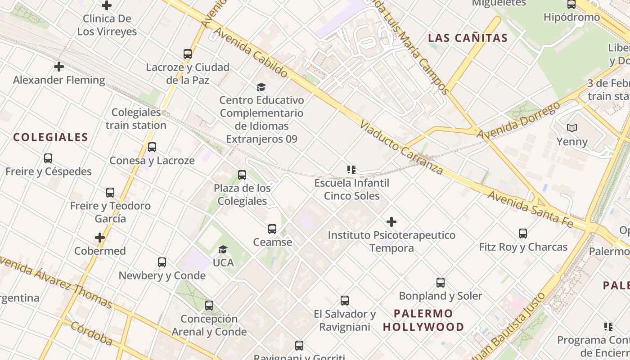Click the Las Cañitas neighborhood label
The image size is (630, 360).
pos(468,38)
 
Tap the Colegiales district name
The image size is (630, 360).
pos(50,138)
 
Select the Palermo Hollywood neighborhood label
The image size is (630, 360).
pos(423,320)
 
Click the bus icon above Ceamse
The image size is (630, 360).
pos(272,229)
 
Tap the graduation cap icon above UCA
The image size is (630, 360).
pos(223,249)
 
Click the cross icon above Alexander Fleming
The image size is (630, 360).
pos(58,67)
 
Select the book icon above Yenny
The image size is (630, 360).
pos(572,128)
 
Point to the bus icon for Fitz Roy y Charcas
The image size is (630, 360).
pos(522,234)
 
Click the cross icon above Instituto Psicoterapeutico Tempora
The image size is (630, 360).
pos(391,222)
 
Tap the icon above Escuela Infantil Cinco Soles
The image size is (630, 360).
pos(351,170)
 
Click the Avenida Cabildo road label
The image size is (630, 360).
pos(250,52)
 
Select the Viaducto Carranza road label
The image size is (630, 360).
pos(401,147)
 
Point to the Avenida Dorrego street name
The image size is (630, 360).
pos(518,121)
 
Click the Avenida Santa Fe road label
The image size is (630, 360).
pos(530,209)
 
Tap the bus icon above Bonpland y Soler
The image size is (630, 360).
pos(441,283)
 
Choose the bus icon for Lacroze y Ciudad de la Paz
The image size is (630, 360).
pos(188,54)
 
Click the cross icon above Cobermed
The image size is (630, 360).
pos(100,238)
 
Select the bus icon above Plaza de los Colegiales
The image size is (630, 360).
pos(242,175)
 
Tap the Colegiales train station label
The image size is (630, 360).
pos(136,119)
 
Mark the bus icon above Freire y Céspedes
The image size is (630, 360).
pos(48,158)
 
